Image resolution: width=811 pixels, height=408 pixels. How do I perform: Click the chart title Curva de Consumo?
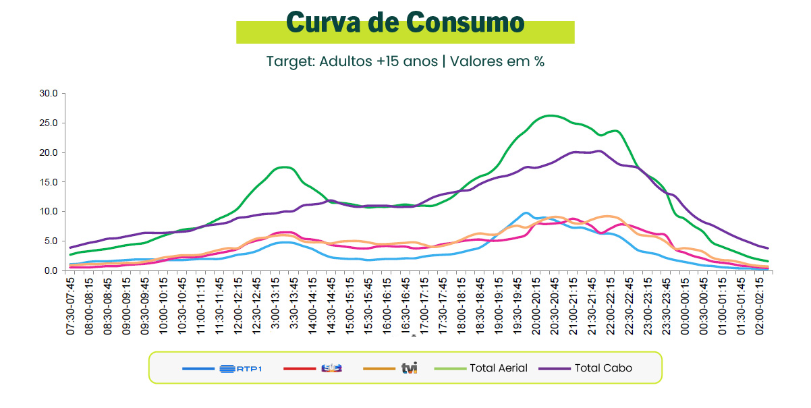[x=405, y=23]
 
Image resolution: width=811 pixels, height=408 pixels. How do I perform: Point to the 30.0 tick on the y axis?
[x=49, y=93]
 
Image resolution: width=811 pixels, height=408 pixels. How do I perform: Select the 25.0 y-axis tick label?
[x=49, y=123]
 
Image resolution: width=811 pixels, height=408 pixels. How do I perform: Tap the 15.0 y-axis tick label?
[x=49, y=182]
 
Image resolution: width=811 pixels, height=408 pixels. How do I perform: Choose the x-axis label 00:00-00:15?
[x=686, y=303]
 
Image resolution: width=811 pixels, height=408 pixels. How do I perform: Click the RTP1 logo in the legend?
[x=240, y=368]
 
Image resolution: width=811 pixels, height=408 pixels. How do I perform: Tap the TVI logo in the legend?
[x=410, y=368]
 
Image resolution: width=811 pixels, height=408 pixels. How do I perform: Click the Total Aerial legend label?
[x=499, y=368]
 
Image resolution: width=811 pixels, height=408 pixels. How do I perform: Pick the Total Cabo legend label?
[x=603, y=368]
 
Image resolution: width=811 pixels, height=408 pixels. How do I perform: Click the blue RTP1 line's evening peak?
[x=526, y=213]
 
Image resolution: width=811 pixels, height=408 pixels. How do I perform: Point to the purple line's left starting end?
[x=70, y=247]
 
